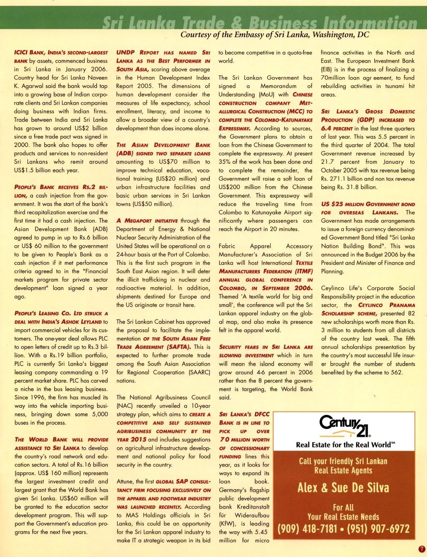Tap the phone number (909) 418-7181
click(307, 529)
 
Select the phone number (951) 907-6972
click(378, 529)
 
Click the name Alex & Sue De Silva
click(343, 487)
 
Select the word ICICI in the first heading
click(22, 53)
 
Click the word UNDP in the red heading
click(126, 53)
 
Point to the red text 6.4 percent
click(337, 128)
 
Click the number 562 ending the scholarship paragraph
click(396, 372)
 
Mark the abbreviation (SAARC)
click(199, 372)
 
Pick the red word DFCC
click(261, 414)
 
